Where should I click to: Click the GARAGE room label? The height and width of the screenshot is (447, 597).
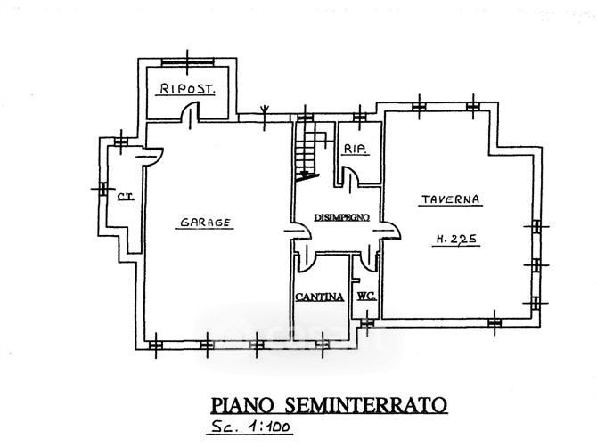pyautogui.click(x=205, y=223)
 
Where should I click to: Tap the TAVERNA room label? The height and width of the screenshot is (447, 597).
pyautogui.click(x=450, y=199)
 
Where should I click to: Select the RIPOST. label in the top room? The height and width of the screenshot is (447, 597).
pyautogui.click(x=187, y=89)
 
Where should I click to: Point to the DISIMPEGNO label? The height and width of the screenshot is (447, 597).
pyautogui.click(x=341, y=217)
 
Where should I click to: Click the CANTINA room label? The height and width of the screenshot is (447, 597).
pyautogui.click(x=320, y=297)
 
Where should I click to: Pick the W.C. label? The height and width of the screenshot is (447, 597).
pyautogui.click(x=366, y=296)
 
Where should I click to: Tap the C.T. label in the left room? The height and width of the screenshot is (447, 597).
pyautogui.click(x=126, y=196)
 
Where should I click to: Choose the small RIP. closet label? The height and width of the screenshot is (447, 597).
pyautogui.click(x=356, y=149)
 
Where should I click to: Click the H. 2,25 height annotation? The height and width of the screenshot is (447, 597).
pyautogui.click(x=456, y=239)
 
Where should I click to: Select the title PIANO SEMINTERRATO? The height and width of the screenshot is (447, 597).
pyautogui.click(x=329, y=405)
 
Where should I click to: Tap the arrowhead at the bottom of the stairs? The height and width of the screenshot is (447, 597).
pyautogui.click(x=305, y=175)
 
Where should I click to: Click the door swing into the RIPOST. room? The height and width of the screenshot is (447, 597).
pyautogui.click(x=190, y=111)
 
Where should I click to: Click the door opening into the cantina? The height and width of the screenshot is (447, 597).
pyautogui.click(x=307, y=259)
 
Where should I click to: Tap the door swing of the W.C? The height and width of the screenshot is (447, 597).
pyautogui.click(x=369, y=259)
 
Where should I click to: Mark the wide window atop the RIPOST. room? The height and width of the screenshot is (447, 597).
pyautogui.click(x=187, y=62)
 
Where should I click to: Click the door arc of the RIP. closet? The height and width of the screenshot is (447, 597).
pyautogui.click(x=350, y=176)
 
